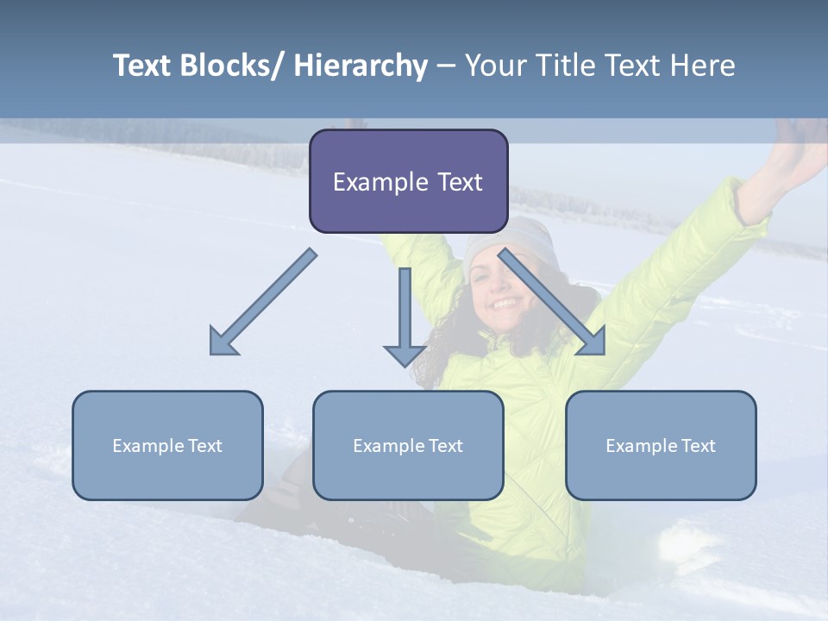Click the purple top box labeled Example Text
click(x=408, y=181)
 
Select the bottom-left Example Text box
click(x=167, y=445)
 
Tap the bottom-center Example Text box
click(x=408, y=445)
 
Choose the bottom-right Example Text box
click(x=661, y=445)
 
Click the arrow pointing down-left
click(x=263, y=302)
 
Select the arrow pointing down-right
click(x=552, y=302)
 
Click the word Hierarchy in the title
click(x=361, y=66)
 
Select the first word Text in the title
click(x=142, y=66)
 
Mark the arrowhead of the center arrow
click(x=405, y=354)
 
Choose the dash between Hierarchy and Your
click(x=446, y=66)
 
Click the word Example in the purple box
click(x=375, y=182)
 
